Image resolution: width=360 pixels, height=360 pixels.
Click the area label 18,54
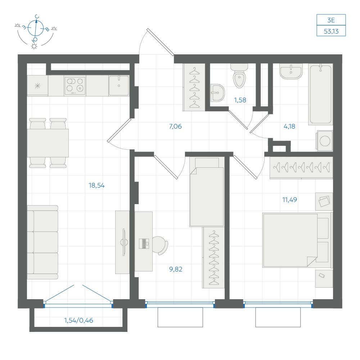tap(96, 185)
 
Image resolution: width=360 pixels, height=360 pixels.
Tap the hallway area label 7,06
tap(175, 126)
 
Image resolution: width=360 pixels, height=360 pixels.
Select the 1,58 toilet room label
tap(240, 100)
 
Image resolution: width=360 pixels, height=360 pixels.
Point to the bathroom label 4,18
tap(289, 126)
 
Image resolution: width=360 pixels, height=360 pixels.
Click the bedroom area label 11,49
tap(289, 200)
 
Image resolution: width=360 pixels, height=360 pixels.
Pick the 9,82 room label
tap(176, 269)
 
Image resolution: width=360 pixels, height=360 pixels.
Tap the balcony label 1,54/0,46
tap(78, 320)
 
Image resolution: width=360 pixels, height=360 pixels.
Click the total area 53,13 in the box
tap(331, 31)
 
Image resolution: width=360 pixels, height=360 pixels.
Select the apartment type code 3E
tap(331, 20)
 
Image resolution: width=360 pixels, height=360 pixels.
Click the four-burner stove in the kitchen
tap(75, 85)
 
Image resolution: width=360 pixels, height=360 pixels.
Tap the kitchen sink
tap(119, 85)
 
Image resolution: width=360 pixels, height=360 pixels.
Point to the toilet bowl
tap(239, 76)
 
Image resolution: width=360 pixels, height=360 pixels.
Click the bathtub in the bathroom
tap(320, 94)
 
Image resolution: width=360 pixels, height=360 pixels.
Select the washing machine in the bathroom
tap(325, 141)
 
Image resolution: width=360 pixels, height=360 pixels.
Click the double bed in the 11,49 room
tap(297, 240)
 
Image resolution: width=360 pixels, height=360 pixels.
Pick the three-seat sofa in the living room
tap(42, 242)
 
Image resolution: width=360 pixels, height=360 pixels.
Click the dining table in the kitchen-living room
tap(48, 143)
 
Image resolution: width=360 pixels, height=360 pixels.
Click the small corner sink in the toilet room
tap(217, 93)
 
